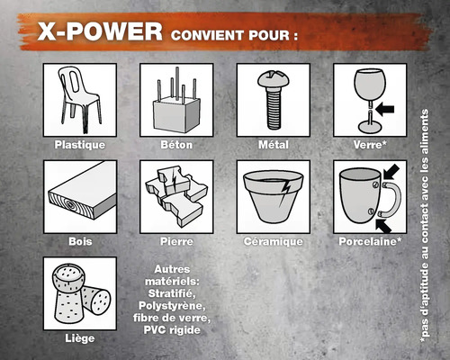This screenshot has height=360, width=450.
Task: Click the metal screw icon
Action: click(x=273, y=100)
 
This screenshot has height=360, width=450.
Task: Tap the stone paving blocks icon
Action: click(x=176, y=195)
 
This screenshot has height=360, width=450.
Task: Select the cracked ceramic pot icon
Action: click(x=273, y=197)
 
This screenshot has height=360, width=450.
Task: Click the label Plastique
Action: click(x=80, y=145)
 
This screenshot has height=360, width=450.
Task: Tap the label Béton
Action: click(x=176, y=145)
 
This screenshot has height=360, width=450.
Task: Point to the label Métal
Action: click(x=273, y=145)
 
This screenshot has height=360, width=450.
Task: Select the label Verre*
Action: click(x=369, y=145)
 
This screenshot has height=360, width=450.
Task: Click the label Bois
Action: click(x=80, y=242)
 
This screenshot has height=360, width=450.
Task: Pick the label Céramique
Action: click(x=273, y=242)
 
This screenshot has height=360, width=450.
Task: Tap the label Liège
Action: click(x=80, y=339)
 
